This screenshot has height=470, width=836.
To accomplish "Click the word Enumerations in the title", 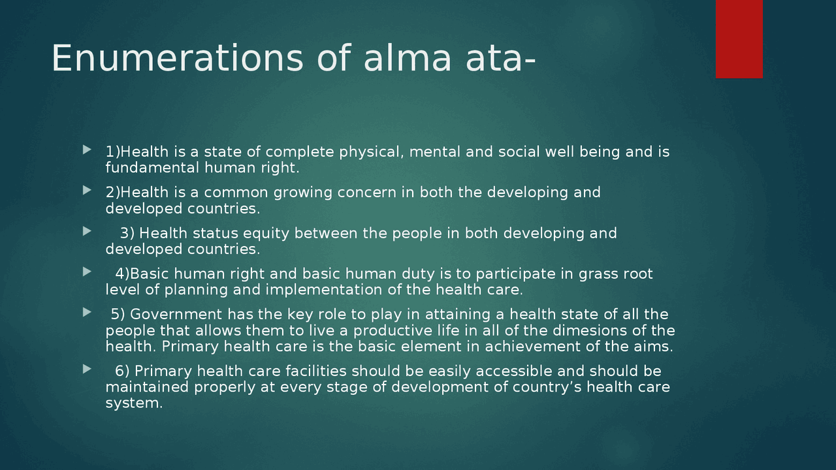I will click(x=177, y=58).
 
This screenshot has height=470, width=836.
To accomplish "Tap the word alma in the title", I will click(x=407, y=58).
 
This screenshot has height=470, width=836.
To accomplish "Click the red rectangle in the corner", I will click(x=739, y=39).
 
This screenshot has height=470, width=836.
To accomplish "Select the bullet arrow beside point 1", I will click(x=88, y=151).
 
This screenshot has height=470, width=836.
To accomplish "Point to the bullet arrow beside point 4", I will click(x=88, y=272).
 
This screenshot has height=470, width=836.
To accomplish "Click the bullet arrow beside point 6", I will click(x=88, y=370).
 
